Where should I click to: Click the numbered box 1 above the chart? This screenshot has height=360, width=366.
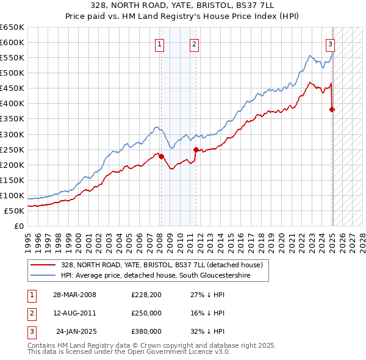(x=159, y=43)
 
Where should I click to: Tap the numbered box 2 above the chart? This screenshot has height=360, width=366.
(x=193, y=43)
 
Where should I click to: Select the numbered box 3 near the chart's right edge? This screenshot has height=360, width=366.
(x=330, y=43)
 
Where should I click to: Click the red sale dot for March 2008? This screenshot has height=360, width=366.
(x=162, y=156)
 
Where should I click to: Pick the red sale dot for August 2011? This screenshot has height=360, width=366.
(x=196, y=149)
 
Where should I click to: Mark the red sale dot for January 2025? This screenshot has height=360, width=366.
(x=332, y=110)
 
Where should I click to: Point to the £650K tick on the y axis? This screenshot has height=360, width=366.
(x=12, y=27)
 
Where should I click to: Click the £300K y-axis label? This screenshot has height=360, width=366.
(x=12, y=134)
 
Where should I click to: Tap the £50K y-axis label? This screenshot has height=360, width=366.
(x=14, y=211)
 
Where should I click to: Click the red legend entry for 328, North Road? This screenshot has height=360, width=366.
(x=162, y=265)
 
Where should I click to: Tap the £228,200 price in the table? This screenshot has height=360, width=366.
(x=146, y=294)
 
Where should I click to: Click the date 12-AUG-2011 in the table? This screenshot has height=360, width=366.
(x=75, y=313)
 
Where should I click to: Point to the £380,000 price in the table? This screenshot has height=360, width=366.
(x=146, y=331)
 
